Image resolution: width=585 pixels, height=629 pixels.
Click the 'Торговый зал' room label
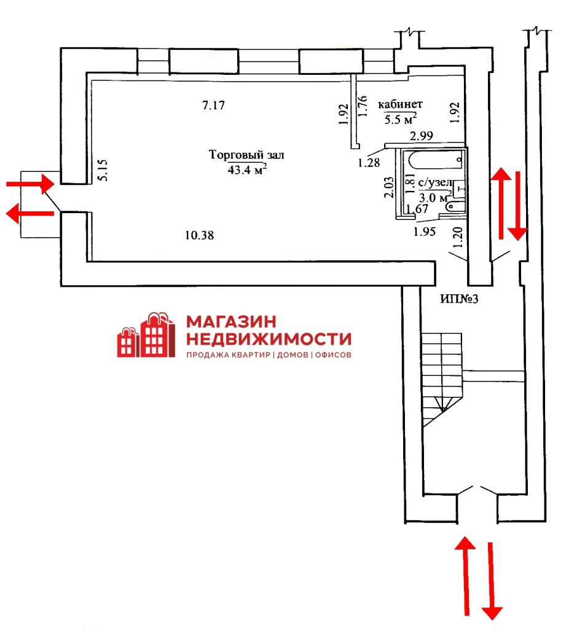(x=246, y=154)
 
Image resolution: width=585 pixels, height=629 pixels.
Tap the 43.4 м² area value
(x=247, y=170)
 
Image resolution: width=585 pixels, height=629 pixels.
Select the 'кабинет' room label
(x=400, y=104)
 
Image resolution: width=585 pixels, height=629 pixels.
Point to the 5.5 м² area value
(x=400, y=119)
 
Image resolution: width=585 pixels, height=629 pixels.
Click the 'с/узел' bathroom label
(x=434, y=182)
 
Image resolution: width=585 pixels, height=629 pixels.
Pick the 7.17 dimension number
(x=213, y=105)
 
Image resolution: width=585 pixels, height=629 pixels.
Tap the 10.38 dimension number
(x=200, y=235)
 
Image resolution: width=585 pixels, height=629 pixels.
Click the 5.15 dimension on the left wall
(x=103, y=170)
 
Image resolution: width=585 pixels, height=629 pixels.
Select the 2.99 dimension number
(x=422, y=136)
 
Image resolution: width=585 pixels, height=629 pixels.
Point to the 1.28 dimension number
(x=369, y=162)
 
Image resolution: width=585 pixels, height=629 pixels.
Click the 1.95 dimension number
(x=425, y=232)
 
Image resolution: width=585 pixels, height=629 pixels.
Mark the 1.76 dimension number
(x=363, y=106)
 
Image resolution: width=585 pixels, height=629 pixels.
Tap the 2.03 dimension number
(x=389, y=187)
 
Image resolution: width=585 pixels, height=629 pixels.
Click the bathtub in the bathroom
(x=436, y=160)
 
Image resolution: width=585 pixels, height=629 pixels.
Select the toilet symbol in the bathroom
(x=455, y=206)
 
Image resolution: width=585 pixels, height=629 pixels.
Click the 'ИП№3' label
(x=459, y=299)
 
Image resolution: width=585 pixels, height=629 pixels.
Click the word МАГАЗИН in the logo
(x=232, y=321)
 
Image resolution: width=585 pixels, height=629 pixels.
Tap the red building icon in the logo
(x=146, y=335)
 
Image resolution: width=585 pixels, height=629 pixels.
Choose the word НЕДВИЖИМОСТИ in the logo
(x=269, y=339)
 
